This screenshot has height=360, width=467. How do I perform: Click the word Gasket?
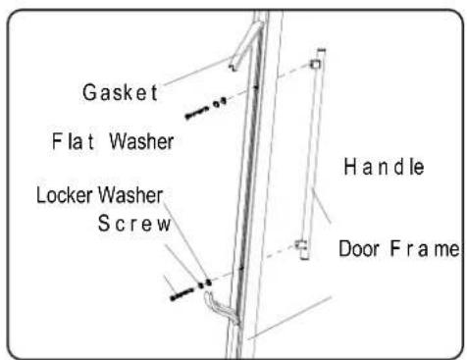pos(120,92)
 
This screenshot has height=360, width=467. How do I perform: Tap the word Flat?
pos(73,141)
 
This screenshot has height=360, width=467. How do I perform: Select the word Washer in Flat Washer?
pos(141,141)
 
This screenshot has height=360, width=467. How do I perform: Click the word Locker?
pos(65,195)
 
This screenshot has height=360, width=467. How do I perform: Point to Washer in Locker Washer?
pos(130,195)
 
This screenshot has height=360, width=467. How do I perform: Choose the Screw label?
pos(134,224)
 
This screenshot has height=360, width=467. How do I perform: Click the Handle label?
pos(384,167)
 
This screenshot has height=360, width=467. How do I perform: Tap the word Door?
pos(359,249)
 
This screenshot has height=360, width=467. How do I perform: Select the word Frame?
pos(425,249)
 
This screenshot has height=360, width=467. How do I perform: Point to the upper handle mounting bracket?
pos(316,64)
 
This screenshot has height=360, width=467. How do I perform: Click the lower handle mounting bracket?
pos(300,244)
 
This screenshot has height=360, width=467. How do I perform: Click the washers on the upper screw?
pos(220,103)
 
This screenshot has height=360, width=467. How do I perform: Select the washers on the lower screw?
pos(205,283)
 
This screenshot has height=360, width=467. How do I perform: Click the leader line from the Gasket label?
pos(197,71)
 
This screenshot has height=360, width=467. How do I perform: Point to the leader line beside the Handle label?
pos(321,206)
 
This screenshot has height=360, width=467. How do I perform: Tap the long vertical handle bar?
pos(311,154)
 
